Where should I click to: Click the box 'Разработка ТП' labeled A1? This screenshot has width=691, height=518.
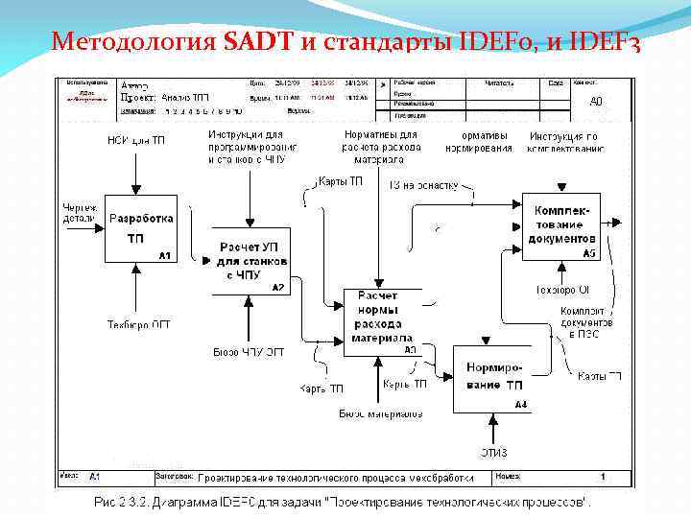tap(141, 228)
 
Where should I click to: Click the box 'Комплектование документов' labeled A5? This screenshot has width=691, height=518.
tap(561, 225)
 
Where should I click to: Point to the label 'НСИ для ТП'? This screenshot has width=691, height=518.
tap(135, 141)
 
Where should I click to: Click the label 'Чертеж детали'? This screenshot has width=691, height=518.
tap(80, 212)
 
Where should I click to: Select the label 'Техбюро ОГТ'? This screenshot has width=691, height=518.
tap(139, 325)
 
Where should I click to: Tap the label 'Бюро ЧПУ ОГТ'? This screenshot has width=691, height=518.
tap(249, 352)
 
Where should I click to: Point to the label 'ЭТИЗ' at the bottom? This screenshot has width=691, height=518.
tap(493, 452)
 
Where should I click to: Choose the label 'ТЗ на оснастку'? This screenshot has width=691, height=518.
tap(424, 185)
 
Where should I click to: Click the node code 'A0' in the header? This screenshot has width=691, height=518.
tap(595, 101)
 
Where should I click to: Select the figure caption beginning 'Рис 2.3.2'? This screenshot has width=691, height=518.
tap(341, 503)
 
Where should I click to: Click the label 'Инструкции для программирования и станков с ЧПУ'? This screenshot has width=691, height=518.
tap(251, 148)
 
